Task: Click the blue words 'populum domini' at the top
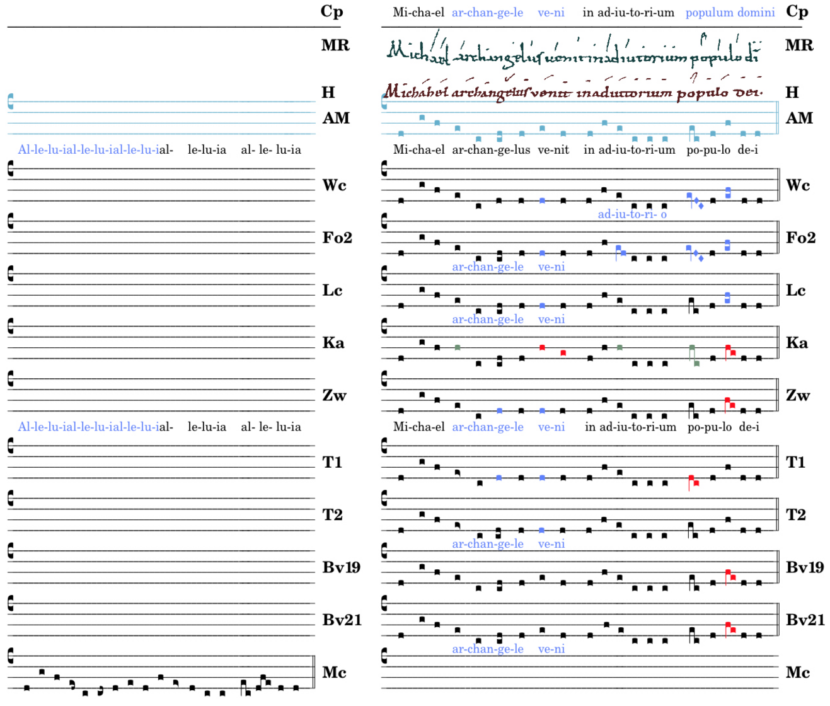(730, 13)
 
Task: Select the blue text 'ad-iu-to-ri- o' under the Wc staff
(632, 214)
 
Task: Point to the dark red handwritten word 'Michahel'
(416, 92)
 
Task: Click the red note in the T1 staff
(693, 481)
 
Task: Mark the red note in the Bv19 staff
(729, 575)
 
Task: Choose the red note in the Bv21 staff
(729, 628)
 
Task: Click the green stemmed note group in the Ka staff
(693, 356)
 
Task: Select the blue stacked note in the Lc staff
(728, 298)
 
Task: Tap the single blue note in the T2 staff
(542, 530)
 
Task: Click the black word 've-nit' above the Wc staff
(554, 150)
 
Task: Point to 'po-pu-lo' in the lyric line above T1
(709, 427)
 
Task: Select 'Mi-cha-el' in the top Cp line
(418, 13)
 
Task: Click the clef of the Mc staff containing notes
(11, 656)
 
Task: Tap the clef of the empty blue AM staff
(11, 101)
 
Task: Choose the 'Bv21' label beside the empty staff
(342, 620)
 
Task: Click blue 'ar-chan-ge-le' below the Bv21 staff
(487, 649)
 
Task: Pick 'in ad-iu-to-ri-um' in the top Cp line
(628, 13)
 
